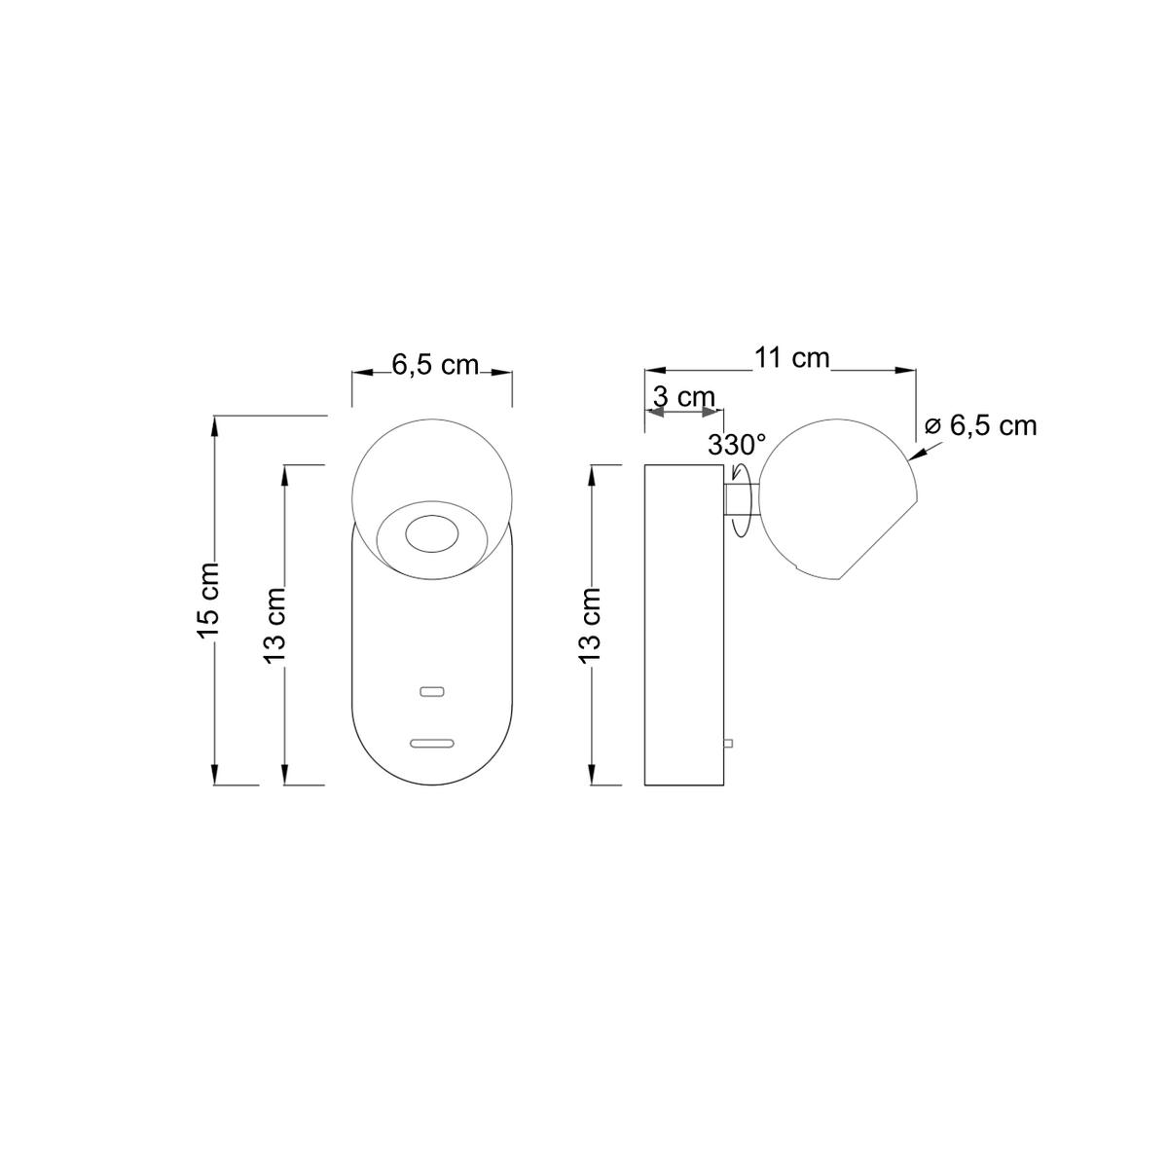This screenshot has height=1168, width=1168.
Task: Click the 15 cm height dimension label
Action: (207, 601)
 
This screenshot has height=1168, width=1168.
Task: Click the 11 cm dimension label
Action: (791, 358)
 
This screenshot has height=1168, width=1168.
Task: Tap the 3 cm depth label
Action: (684, 397)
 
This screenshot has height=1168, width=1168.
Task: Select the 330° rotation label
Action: (737, 446)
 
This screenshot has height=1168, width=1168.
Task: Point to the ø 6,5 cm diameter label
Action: (981, 425)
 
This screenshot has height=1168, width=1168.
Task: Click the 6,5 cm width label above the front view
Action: (435, 365)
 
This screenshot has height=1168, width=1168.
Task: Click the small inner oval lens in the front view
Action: (431, 534)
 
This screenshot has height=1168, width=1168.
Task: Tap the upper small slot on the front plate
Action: (433, 691)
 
